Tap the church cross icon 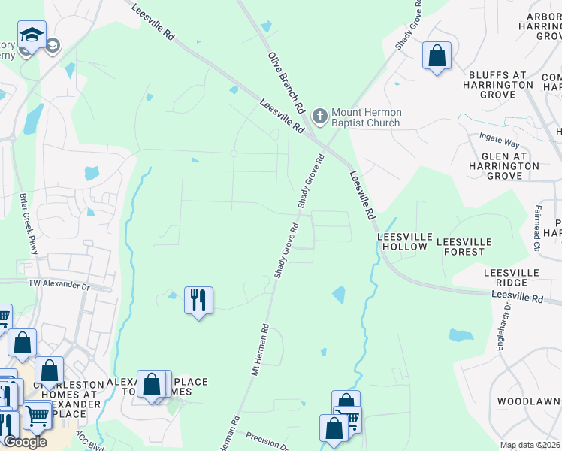pyautogui.click(x=320, y=116)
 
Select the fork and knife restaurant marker pyautogui.click(x=198, y=300)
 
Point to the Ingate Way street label pyautogui.click(x=500, y=141)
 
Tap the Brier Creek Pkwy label pyautogui.click(x=29, y=224)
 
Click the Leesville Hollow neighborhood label pyautogui.click(x=404, y=241)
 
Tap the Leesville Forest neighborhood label pyautogui.click(x=464, y=247)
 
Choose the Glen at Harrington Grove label pyautogui.click(x=503, y=165)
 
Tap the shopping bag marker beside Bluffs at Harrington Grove pyautogui.click(x=437, y=56)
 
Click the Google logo pyautogui.click(x=25, y=442)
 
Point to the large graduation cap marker pyautogui.click(x=32, y=35)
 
